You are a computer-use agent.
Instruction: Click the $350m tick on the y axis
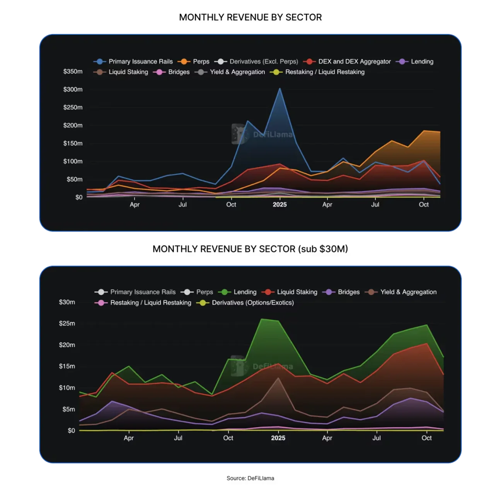73,72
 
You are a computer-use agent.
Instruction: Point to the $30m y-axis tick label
67,302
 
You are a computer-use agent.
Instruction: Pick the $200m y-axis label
73,125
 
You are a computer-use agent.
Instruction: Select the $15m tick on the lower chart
67,366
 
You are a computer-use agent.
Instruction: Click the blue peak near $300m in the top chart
280,89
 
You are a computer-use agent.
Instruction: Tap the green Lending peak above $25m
262,319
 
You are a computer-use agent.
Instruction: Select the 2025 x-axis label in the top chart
279,205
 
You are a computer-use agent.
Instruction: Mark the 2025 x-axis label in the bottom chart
278,438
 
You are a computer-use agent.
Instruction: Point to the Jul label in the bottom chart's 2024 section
178,438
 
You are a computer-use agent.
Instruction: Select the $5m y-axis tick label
68,409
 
